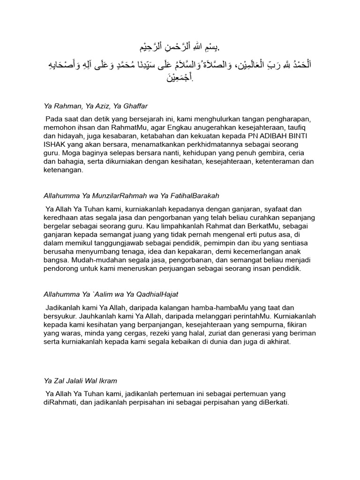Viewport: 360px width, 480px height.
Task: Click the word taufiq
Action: click(305, 128)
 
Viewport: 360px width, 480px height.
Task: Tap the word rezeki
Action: click(161, 333)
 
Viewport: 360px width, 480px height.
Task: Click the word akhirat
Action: click(276, 341)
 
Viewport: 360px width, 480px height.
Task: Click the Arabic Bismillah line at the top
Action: click(180, 48)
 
